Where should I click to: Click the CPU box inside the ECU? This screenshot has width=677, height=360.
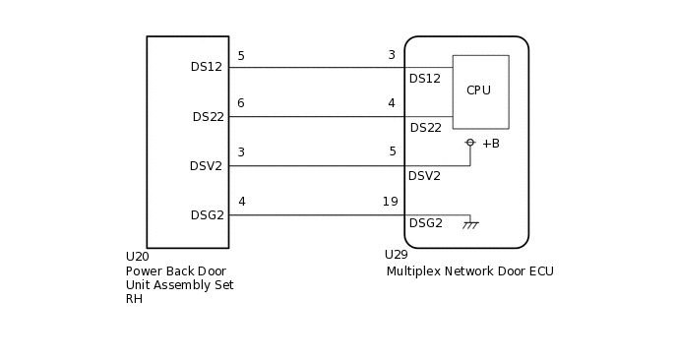point(480,91)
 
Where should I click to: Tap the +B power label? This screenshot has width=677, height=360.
point(490,144)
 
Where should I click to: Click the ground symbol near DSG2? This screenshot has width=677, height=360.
point(470,225)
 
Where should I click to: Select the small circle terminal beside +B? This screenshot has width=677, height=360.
point(470,143)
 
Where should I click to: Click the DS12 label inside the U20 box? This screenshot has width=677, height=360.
point(207,67)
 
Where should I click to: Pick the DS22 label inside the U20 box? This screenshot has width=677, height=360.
point(208,117)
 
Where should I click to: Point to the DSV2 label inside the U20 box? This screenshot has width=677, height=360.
point(207,166)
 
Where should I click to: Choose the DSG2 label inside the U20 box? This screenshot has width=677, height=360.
point(207,215)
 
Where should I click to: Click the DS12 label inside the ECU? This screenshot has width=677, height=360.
point(425,79)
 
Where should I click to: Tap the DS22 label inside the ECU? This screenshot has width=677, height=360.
point(425,128)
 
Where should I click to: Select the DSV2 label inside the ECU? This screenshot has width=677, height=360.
point(424,176)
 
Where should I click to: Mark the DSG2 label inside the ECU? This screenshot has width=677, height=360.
point(425,223)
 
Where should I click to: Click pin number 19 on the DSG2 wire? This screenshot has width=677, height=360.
point(390,202)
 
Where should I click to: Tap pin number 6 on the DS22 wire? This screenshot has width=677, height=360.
point(241,103)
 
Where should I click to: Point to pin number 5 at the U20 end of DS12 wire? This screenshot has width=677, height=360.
point(241,56)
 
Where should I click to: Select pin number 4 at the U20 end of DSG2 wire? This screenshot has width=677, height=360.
point(241,202)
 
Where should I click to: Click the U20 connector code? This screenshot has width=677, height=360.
point(137,257)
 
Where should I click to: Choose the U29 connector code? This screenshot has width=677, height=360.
point(396,255)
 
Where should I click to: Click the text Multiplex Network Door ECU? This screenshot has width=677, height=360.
point(469,271)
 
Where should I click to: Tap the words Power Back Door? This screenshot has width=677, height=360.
point(175,271)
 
